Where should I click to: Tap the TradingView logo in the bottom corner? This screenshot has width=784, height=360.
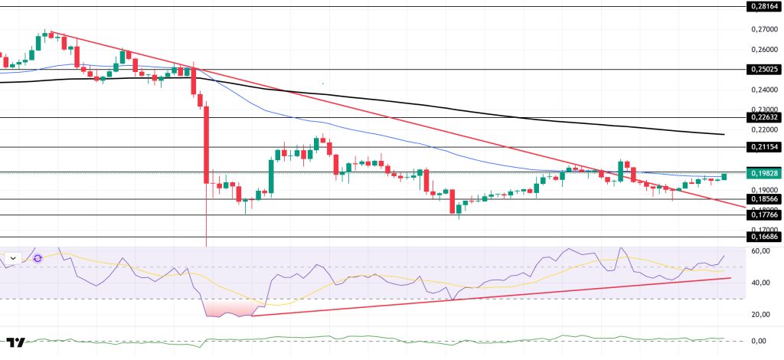pos(15,342)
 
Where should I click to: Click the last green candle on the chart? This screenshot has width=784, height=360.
pos(724,176)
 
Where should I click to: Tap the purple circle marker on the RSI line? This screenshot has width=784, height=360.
pos(37,258)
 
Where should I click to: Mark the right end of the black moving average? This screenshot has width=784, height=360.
pos(723,135)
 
